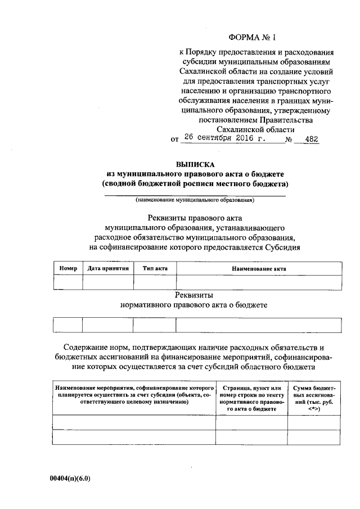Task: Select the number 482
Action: pos(310,138)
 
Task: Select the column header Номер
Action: pos(68,269)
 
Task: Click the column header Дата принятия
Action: pos(109,269)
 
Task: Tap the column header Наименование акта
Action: pos(259,269)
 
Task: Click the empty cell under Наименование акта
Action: pos(259,282)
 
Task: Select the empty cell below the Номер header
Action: pos(68,282)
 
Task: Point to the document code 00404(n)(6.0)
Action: pos(70,479)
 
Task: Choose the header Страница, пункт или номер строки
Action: pos(251,399)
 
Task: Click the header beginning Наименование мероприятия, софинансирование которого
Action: pos(134,395)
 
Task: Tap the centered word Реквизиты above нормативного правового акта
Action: pos(195,295)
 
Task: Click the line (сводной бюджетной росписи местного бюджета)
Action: pos(195,184)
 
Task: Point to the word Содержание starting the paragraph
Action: pos(85,348)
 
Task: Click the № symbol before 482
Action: pos(291,139)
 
